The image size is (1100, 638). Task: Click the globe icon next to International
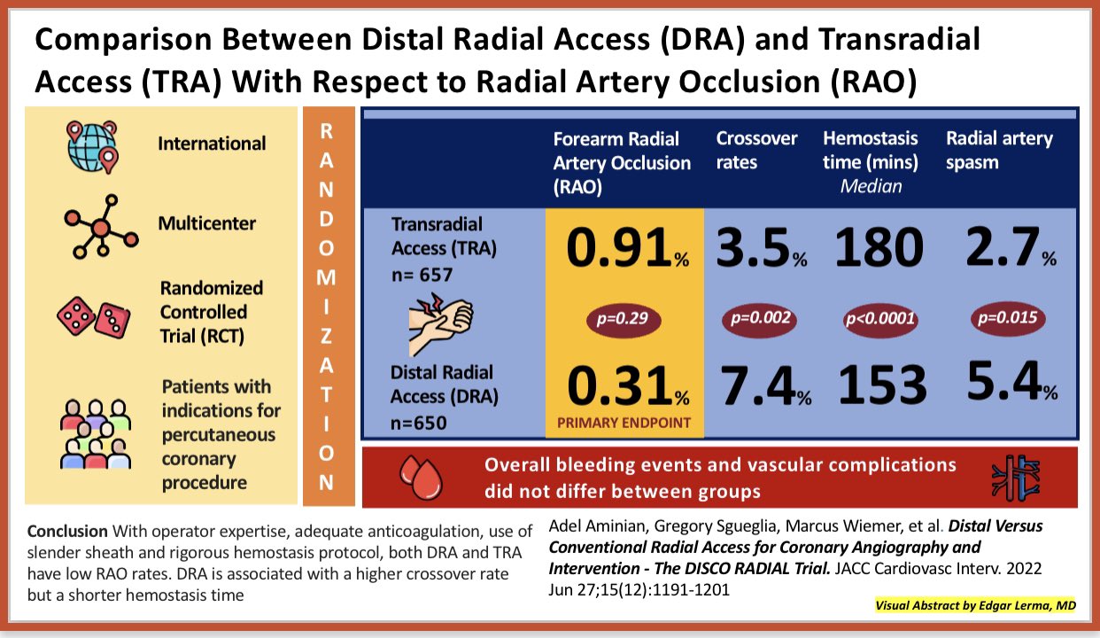pyautogui.click(x=93, y=143)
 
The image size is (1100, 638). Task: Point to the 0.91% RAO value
pyautogui.click(x=624, y=249)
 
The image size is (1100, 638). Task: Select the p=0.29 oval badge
pyautogui.click(x=624, y=319)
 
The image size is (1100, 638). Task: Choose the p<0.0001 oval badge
pyautogui.click(x=879, y=319)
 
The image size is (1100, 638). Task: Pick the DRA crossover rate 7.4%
pyautogui.click(x=763, y=385)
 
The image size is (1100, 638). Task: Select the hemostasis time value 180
pyautogui.click(x=879, y=249)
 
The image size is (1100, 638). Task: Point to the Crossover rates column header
pyautogui.click(x=756, y=151)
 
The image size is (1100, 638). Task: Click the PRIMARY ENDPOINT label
pyautogui.click(x=624, y=423)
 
